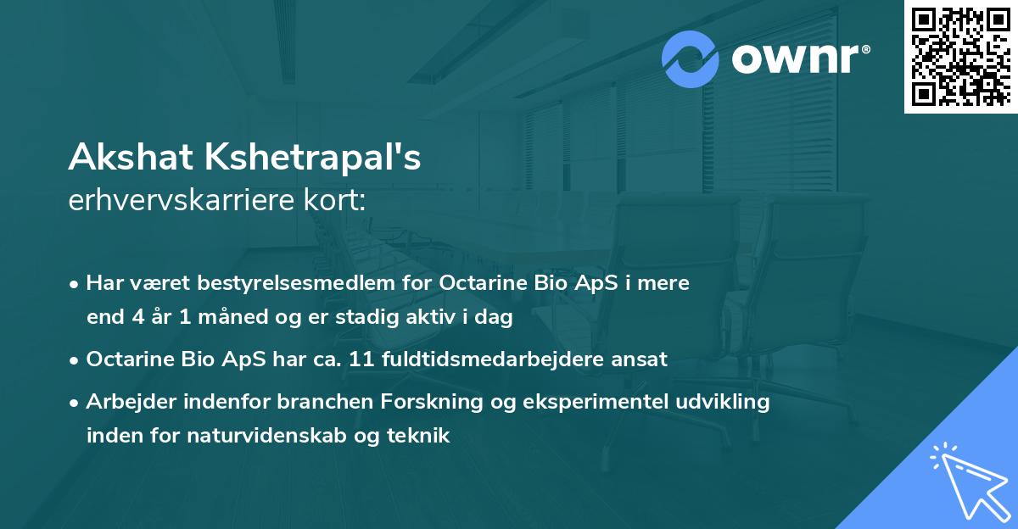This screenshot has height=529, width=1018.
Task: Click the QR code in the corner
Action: (x=960, y=57)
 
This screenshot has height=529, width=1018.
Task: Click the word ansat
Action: (x=640, y=359)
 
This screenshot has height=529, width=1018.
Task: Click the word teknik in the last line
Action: (x=422, y=436)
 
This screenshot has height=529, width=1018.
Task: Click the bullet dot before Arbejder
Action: (x=76, y=403)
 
